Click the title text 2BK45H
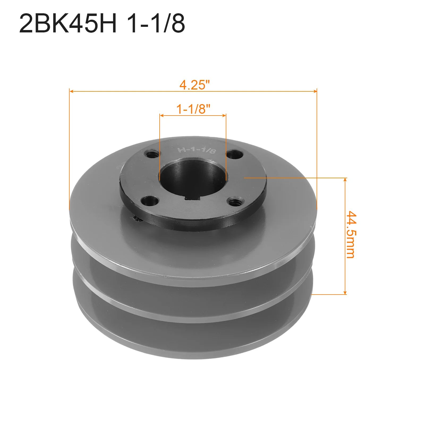(68, 23)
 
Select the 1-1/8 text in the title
(156, 23)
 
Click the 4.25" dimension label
(194, 85)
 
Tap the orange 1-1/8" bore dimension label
(193, 109)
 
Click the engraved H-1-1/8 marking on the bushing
(197, 150)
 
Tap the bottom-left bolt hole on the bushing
(150, 201)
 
